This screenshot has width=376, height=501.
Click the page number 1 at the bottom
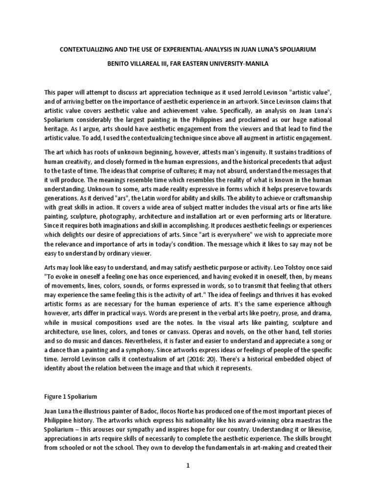(x=188, y=465)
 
